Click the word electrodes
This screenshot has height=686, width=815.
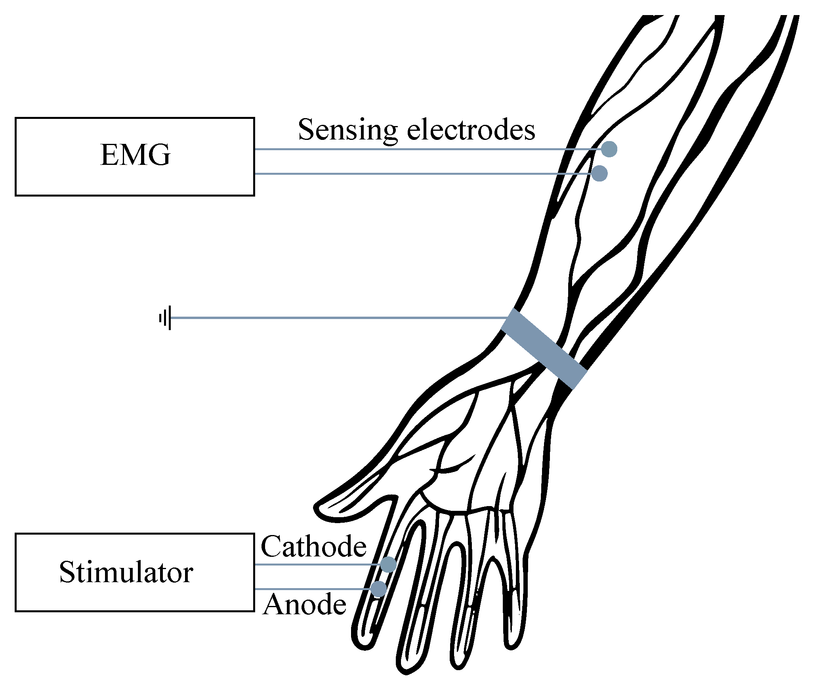pyautogui.click(x=471, y=130)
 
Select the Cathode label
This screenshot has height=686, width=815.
pyautogui.click(x=313, y=547)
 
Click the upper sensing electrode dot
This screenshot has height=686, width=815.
pyautogui.click(x=609, y=149)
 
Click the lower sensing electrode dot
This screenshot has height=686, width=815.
pyautogui.click(x=600, y=174)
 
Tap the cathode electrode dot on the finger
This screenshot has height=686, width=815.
pyautogui.click(x=388, y=564)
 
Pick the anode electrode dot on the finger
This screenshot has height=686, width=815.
pyautogui.click(x=379, y=589)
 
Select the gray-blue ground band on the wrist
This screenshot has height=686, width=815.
pyautogui.click(x=544, y=349)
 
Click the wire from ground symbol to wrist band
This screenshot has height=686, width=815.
pyautogui.click(x=337, y=318)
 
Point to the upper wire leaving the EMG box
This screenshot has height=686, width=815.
pyautogui.click(x=396, y=149)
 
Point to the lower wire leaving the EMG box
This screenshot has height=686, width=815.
pyautogui.click(x=396, y=174)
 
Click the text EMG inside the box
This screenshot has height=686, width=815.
pyautogui.click(x=136, y=155)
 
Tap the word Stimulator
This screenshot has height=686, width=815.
pyautogui.click(x=126, y=573)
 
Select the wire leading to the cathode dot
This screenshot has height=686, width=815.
pyautogui.click(x=317, y=564)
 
